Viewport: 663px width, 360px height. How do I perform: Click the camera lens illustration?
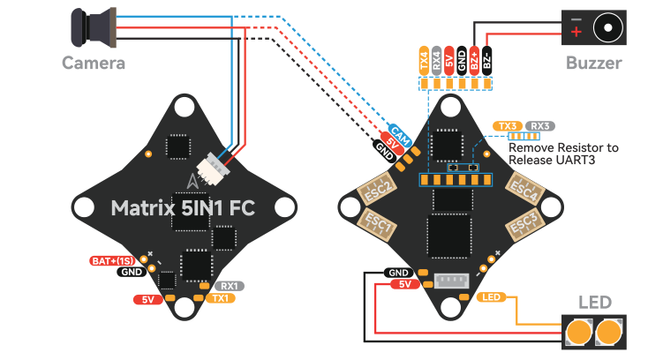click(93, 26)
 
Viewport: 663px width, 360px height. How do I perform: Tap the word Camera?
click(94, 63)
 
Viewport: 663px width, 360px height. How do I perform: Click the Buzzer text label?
click(593, 63)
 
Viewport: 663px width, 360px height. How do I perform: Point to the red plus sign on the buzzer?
click(576, 32)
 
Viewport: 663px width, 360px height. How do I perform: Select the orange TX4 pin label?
click(424, 61)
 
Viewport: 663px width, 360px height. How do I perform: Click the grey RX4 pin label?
click(436, 61)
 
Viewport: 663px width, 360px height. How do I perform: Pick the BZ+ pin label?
click(474, 61)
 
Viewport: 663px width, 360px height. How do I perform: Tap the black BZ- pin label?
click(487, 61)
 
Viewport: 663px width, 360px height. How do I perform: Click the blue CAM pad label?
click(400, 135)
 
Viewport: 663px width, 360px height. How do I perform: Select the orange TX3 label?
click(508, 126)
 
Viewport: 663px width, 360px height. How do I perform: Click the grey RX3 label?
click(540, 126)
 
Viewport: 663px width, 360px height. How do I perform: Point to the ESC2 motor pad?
click(377, 189)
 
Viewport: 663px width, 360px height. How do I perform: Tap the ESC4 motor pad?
click(524, 189)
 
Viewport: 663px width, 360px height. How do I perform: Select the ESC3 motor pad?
click(524, 226)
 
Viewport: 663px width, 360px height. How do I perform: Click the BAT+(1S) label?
click(112, 260)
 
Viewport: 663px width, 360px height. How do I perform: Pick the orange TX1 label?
click(221, 298)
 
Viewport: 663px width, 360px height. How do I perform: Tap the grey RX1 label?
click(230, 286)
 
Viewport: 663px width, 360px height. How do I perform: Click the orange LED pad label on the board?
click(491, 297)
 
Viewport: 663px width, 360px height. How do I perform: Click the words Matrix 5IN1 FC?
click(183, 208)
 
